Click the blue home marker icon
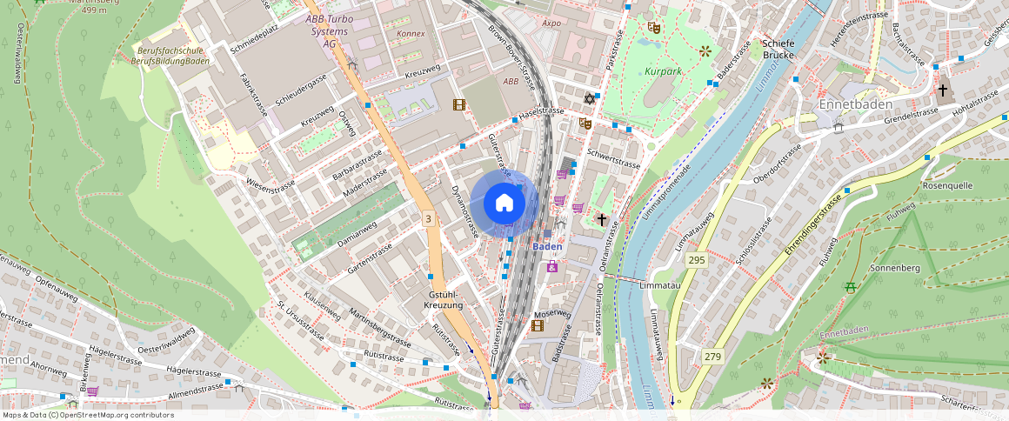click(504, 204)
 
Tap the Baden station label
click(547, 246)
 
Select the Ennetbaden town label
click(856, 104)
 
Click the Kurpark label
click(664, 70)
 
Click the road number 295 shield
click(695, 260)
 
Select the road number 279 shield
click(712, 357)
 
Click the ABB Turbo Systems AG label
click(329, 30)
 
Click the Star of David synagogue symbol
click(591, 97)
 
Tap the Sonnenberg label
click(894, 269)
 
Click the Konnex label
click(411, 34)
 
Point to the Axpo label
click(551, 23)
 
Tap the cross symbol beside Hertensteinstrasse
click(942, 90)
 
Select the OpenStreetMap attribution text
click(88, 415)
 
